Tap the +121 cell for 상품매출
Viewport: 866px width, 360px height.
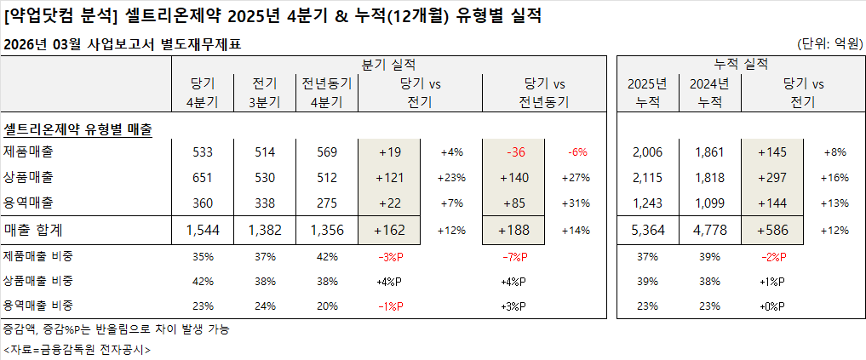pos(389,177)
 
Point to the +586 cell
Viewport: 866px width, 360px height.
pos(771,230)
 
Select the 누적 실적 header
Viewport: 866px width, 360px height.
pos(740,64)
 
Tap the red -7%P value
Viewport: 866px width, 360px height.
pos(514,257)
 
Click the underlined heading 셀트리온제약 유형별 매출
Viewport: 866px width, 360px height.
pos(77,129)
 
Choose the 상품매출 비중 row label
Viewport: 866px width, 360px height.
pos(38,282)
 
